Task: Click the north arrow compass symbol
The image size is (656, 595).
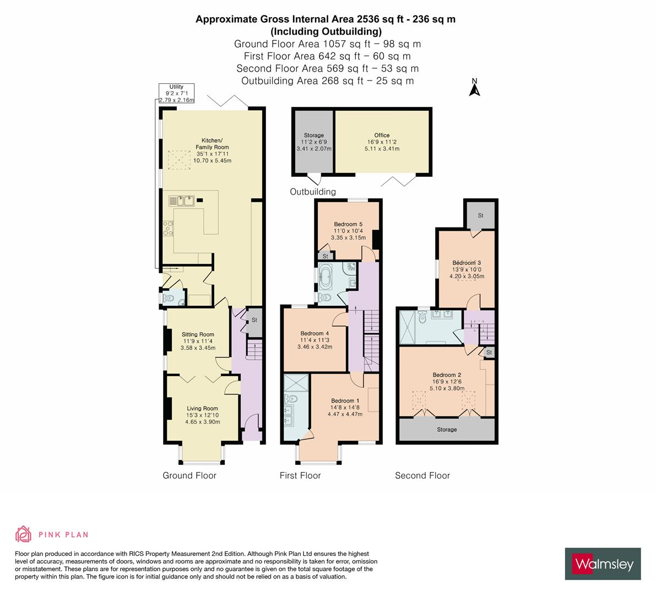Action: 473,88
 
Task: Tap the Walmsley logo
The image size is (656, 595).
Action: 603,564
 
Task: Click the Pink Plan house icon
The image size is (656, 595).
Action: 23,534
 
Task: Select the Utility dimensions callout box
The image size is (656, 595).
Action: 176,93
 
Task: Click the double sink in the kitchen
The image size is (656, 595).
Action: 183,200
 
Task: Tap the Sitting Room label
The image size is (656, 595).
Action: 198,334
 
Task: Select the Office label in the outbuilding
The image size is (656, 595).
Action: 382,135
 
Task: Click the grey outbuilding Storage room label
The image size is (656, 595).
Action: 314,135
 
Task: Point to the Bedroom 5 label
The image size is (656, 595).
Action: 348,224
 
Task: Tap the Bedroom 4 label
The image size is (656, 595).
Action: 315,333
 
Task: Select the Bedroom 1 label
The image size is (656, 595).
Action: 345,401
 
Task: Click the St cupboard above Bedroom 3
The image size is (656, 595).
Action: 480,215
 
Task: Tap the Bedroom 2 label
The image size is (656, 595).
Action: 446,375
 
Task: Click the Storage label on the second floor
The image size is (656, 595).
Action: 447,429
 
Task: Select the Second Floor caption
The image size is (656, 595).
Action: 422,475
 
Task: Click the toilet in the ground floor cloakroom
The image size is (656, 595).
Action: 169,299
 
